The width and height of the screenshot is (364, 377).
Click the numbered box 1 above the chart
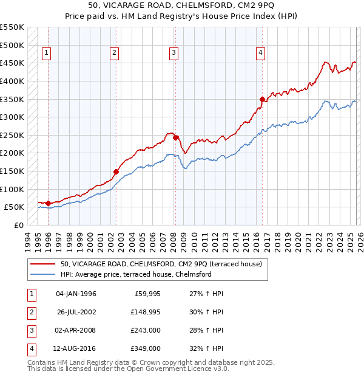(47, 54)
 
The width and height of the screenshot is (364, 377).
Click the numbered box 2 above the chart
(113, 54)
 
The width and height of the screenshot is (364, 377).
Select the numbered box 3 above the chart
(174, 54)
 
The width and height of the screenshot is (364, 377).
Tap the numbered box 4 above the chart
(260, 54)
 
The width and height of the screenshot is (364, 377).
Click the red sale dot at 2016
(262, 99)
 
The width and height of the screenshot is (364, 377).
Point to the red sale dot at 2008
(175, 137)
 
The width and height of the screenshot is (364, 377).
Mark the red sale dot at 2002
(116, 171)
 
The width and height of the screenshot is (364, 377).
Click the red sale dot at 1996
(48, 203)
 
